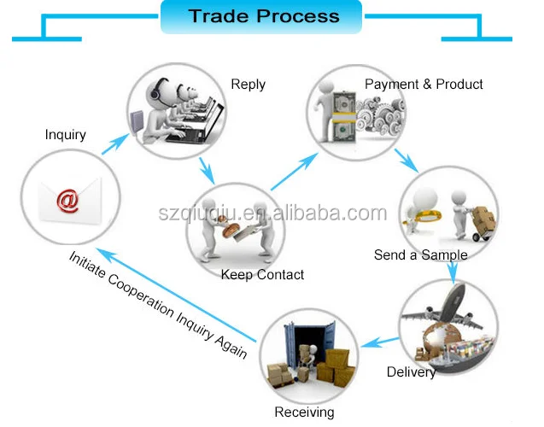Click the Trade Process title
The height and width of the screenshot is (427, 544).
tap(263, 16)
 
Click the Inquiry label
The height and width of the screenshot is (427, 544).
tap(65, 134)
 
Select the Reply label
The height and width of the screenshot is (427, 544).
tap(248, 84)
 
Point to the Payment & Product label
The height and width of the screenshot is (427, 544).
tap(424, 84)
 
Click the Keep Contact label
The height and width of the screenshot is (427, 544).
tap(262, 274)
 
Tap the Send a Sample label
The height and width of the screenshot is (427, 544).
tap(420, 254)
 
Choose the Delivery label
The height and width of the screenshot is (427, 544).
tap(411, 371)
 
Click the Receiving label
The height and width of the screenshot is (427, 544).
tap(304, 412)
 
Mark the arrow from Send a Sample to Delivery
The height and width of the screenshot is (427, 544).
tap(451, 267)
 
